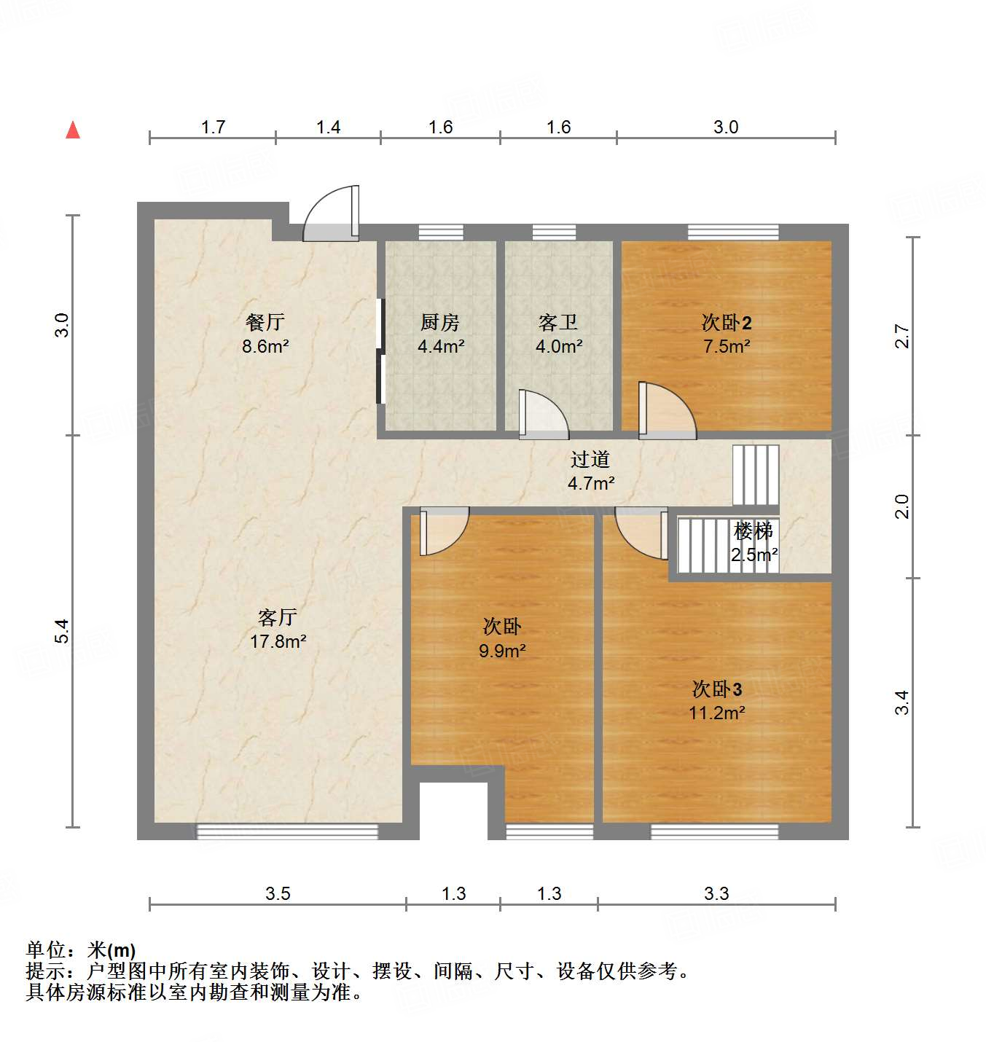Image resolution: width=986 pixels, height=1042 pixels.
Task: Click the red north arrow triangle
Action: [x=73, y=130]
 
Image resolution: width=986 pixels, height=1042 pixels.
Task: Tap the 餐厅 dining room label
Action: [x=265, y=321]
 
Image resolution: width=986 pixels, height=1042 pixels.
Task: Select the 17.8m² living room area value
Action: [x=278, y=641]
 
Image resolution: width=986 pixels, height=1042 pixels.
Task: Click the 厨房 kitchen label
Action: [x=440, y=321]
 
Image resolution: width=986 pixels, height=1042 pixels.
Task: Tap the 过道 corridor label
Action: [x=590, y=459]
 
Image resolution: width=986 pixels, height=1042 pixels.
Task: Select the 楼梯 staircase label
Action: [x=754, y=531]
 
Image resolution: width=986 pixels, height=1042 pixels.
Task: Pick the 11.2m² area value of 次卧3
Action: [x=717, y=713]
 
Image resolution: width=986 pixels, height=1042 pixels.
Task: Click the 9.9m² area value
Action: [x=502, y=651]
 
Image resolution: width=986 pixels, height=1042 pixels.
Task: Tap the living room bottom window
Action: [x=287, y=831]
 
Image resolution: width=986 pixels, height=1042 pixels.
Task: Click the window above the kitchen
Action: [x=441, y=232]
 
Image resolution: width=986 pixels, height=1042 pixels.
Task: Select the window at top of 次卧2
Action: [x=733, y=232]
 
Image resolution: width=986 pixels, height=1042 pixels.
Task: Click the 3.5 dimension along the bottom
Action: [x=278, y=893]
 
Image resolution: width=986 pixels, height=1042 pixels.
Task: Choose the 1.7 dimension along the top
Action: [x=213, y=127]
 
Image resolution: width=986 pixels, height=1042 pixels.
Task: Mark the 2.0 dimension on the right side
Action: [x=902, y=506]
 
